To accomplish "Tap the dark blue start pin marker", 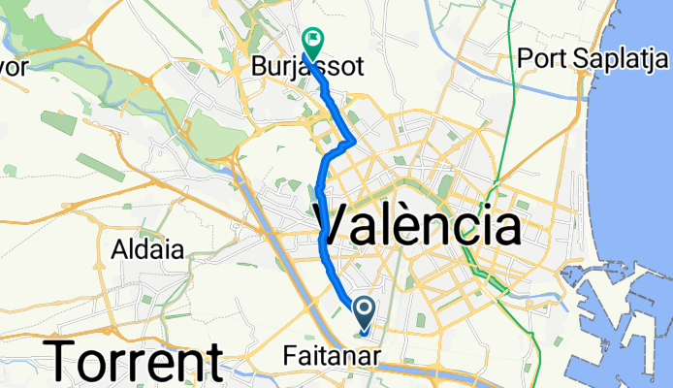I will (x=364, y=312).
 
